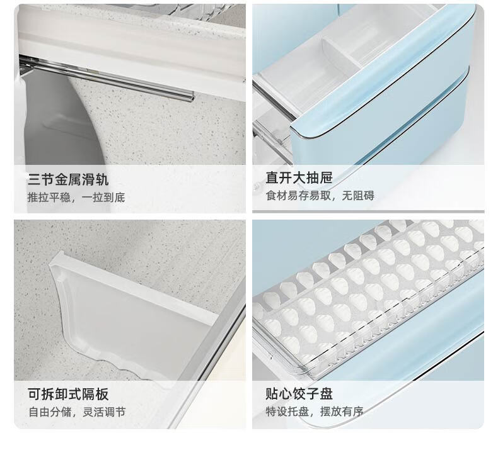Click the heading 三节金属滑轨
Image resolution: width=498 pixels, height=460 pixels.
tap(68, 179)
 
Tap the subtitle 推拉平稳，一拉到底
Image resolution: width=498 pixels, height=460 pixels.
tap(76, 198)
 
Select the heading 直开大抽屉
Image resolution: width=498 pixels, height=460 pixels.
tap(299, 177)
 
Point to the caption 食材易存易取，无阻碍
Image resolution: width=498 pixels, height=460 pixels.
tap(320, 196)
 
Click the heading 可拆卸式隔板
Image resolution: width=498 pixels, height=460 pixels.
tap(68, 395)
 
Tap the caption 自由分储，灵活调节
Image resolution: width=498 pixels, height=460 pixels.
tap(77, 412)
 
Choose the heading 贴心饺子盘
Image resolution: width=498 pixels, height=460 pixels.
tap(299, 394)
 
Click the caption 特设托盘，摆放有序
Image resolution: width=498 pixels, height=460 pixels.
tap(315, 412)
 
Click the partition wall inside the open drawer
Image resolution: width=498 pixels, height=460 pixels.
tap(342, 54)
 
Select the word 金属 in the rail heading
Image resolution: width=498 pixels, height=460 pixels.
tap(68, 179)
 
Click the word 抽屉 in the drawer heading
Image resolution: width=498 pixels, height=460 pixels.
tap(319, 177)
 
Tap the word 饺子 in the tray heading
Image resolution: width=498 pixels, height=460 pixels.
tap(306, 394)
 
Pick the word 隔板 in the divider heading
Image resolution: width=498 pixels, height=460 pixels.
tap(95, 395)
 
